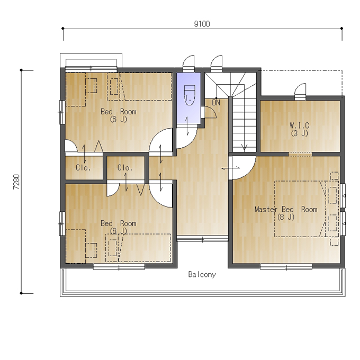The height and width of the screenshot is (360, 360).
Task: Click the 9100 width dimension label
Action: tap(202, 24)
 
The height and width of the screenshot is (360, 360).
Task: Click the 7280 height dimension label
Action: tap(16, 182)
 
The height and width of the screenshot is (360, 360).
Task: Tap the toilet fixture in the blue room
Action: tap(190, 95)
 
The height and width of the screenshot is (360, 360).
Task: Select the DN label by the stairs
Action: tap(216, 103)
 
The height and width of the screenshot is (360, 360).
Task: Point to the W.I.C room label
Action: tap(300, 125)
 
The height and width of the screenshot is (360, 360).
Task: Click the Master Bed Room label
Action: tap(286, 209)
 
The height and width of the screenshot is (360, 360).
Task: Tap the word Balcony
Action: tap(202, 274)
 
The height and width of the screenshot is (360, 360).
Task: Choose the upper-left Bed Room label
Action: tap(119, 112)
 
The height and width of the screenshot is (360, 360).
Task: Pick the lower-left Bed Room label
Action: tap(119, 223)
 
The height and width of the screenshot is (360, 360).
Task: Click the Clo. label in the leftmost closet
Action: tap(83, 168)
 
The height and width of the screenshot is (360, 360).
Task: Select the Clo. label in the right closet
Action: tap(125, 168)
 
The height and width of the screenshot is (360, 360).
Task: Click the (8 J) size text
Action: tap(286, 217)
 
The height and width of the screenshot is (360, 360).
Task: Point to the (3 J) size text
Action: tap(300, 133)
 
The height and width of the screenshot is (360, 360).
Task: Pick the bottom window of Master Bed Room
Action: tap(286, 267)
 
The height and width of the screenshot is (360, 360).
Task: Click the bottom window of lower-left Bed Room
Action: tap(119, 267)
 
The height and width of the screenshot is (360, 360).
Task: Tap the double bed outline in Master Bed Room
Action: tap(300, 209)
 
